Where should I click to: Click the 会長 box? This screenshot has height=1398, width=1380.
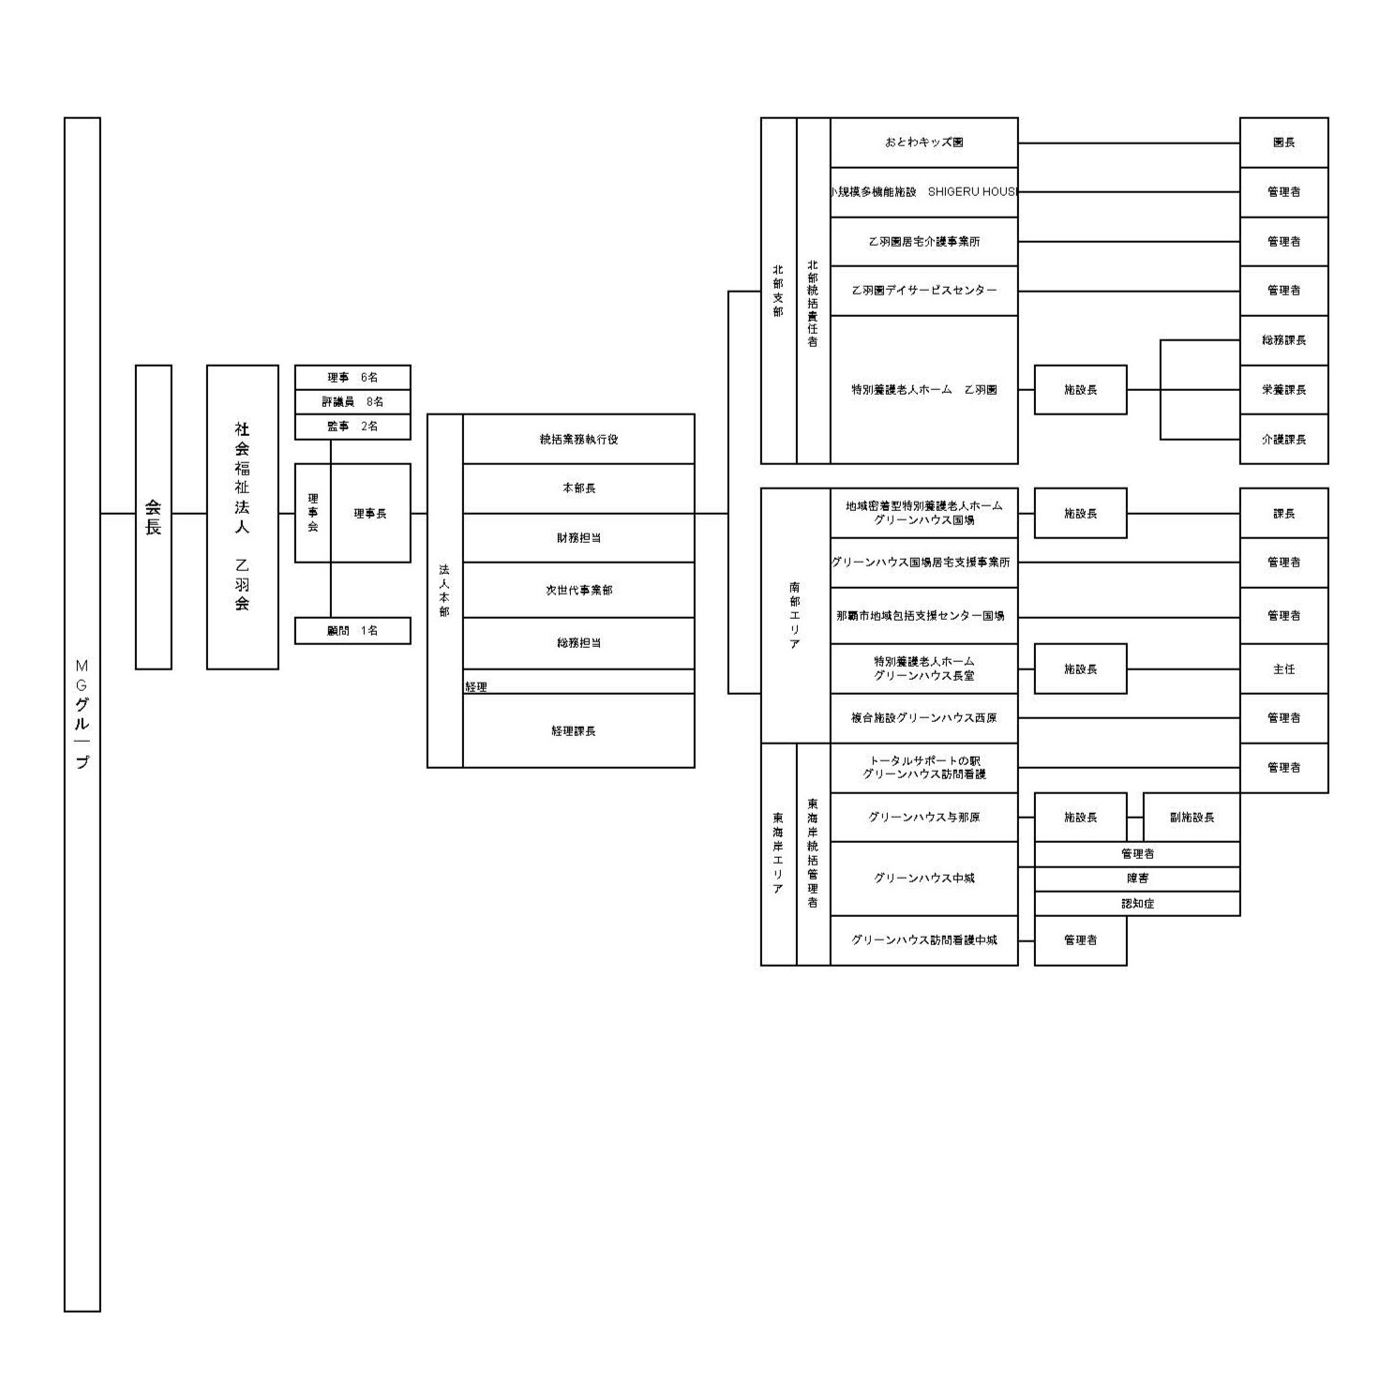tap(153, 517)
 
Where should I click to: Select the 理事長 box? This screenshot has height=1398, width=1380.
tap(370, 514)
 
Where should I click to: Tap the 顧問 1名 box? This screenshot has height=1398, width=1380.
tap(352, 631)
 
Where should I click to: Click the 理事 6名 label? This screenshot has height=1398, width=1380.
tap(352, 377)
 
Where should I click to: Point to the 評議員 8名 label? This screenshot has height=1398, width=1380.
tap(352, 401)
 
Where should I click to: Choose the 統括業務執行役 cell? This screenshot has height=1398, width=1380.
tap(578, 439)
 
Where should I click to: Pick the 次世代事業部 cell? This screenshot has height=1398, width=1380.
tap(578, 590)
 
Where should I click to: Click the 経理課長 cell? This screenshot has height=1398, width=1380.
tap(574, 730)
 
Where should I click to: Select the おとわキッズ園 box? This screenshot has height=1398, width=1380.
tap(923, 143)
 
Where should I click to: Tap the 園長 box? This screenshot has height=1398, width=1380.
tap(1283, 143)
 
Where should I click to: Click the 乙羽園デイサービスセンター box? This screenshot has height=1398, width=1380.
tap(923, 291)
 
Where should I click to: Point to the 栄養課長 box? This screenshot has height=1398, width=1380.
tap(1283, 389)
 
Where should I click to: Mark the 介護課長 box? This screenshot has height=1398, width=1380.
tap(1283, 439)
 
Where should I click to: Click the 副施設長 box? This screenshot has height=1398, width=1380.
tap(1192, 818)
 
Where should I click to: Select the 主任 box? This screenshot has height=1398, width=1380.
tap(1283, 669)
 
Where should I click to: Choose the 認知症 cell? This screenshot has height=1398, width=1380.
tap(1137, 904)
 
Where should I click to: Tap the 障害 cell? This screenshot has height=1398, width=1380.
tap(1137, 879)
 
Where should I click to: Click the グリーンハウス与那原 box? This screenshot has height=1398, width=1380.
tap(923, 818)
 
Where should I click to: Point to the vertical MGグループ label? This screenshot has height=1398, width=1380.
tap(82, 714)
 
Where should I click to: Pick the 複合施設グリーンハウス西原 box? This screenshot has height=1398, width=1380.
tap(923, 718)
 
